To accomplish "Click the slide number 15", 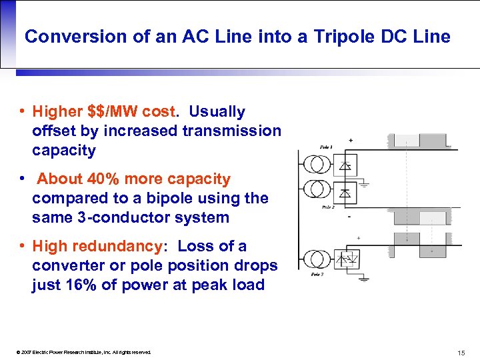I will (x=461, y=353).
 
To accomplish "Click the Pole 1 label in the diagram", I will (x=326, y=147).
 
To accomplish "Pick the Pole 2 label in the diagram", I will (x=327, y=207).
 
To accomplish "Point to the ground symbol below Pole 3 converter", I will (x=363, y=279).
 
